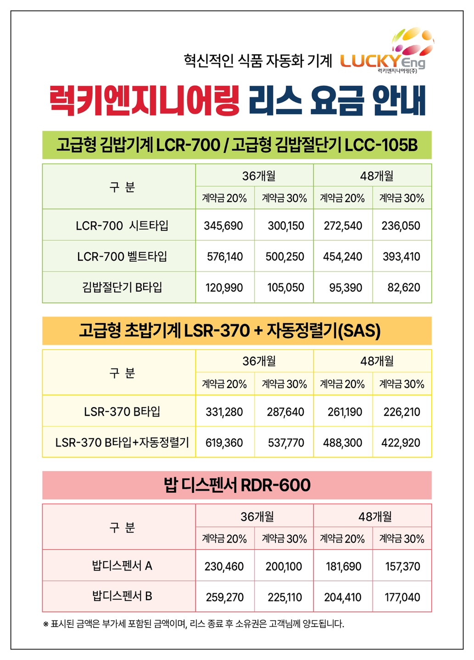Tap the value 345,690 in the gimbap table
pyautogui.click(x=223, y=225)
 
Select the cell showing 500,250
pyautogui.click(x=284, y=257)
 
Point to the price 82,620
pyautogui.click(x=403, y=288)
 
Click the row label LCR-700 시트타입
pyautogui.click(x=122, y=225)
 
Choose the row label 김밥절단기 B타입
pyautogui.click(x=122, y=287)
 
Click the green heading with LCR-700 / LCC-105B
pyautogui.click(x=237, y=145)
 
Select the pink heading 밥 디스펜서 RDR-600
pyautogui.click(x=237, y=485)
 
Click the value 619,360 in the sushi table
pyautogui.click(x=224, y=443)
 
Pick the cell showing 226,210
pyautogui.click(x=402, y=412)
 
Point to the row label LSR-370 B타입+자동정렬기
pyautogui.click(x=122, y=443)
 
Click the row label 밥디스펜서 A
pyautogui.click(x=122, y=566)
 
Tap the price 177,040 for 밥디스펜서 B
pyautogui.click(x=402, y=597)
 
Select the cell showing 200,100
pyautogui.click(x=284, y=566)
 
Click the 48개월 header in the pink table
pyautogui.click(x=375, y=517)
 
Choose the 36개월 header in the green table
pyautogui.click(x=259, y=176)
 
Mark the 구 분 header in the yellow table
pyautogui.click(x=122, y=373)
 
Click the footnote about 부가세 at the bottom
pyautogui.click(x=193, y=624)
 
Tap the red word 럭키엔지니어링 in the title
pyautogui.click(x=144, y=100)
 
